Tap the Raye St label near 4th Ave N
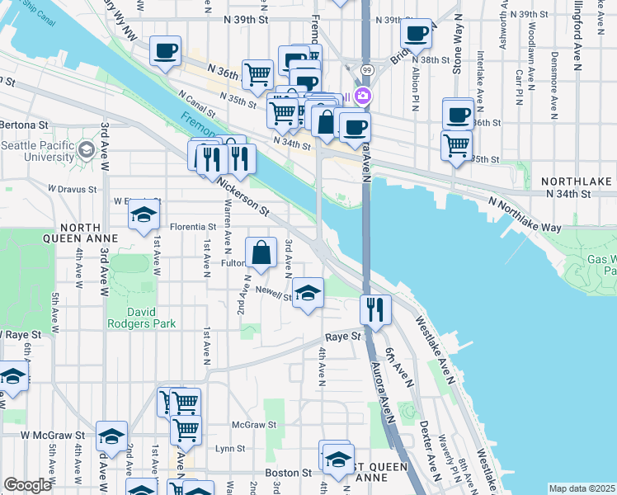[343, 337]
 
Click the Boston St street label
[288, 473]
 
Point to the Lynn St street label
[229, 449]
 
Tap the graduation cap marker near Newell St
[308, 293]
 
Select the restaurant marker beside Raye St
[375, 310]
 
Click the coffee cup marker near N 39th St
[416, 35]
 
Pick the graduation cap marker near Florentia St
[144, 215]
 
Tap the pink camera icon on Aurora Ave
[363, 96]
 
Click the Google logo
[27, 485]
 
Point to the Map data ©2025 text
[582, 488]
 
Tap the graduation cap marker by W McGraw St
[111, 436]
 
